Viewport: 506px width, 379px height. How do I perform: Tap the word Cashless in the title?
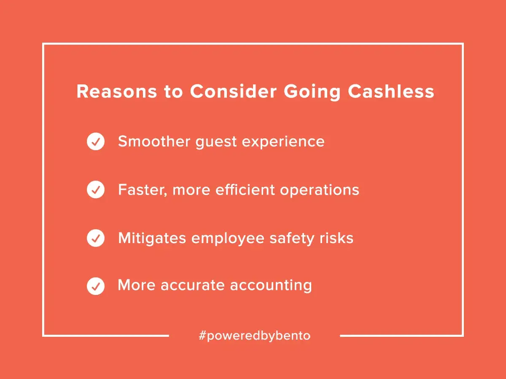[391, 92]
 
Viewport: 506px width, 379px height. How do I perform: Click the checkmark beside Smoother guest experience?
[96, 142]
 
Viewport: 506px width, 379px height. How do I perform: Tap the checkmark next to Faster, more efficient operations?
[96, 190]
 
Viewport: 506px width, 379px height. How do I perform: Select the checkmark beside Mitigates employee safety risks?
[96, 238]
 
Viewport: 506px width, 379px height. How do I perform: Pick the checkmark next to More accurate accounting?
[96, 287]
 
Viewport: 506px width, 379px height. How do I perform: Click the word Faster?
[142, 190]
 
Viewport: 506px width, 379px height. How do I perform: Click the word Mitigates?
[152, 238]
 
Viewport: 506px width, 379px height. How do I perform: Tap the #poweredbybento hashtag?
[254, 336]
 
